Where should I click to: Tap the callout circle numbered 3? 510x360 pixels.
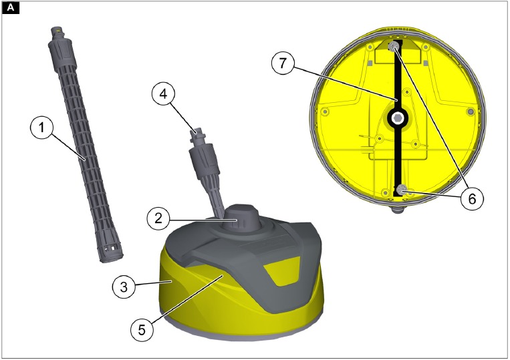(x=121, y=287)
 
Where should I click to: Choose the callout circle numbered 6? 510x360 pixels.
(x=471, y=198)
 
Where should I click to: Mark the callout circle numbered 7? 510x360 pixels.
(x=283, y=65)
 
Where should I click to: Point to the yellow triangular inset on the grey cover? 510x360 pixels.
(x=277, y=274)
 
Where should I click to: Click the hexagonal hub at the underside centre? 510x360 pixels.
(x=398, y=118)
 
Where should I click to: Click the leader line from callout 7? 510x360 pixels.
(x=341, y=83)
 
